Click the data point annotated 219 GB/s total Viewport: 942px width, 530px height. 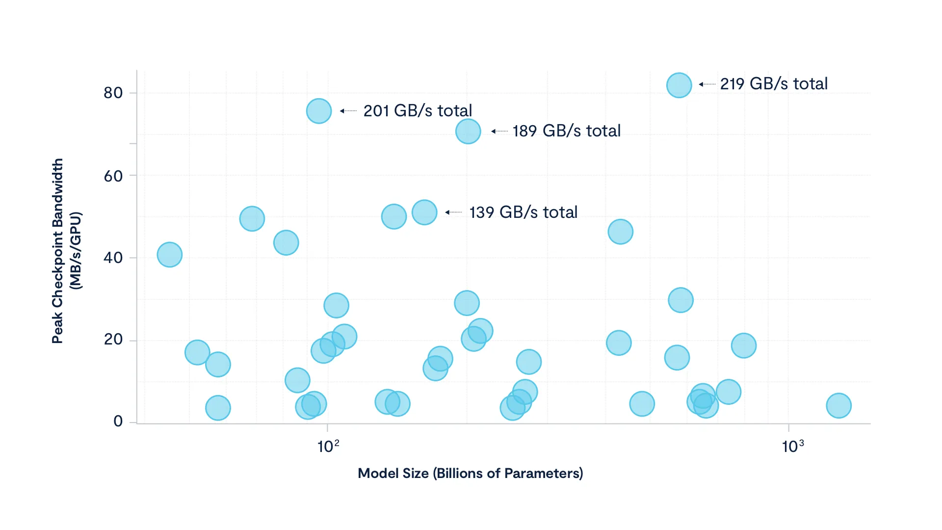[x=679, y=85]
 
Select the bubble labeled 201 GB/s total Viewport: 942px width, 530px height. [x=319, y=111]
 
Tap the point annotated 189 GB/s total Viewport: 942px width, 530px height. [x=468, y=132]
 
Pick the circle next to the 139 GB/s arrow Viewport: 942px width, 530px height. [x=424, y=212]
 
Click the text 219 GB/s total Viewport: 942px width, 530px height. [x=774, y=84]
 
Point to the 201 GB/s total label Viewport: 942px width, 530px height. [x=418, y=111]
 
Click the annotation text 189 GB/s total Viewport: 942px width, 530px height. [x=567, y=131]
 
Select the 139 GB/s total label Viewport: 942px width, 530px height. [x=523, y=212]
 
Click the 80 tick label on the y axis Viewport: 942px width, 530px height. [x=113, y=93]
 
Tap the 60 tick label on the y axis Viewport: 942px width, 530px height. [x=113, y=176]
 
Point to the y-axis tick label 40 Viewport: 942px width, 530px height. [x=113, y=258]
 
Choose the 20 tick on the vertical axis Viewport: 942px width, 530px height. [x=113, y=340]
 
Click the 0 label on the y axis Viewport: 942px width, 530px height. [x=118, y=421]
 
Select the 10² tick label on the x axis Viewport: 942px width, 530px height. [x=328, y=446]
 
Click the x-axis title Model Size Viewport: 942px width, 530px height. [x=470, y=474]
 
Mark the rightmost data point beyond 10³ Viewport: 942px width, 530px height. [x=839, y=406]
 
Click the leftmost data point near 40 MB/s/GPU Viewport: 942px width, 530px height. [x=170, y=255]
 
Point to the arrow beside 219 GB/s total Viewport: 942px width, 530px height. [x=707, y=84]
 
